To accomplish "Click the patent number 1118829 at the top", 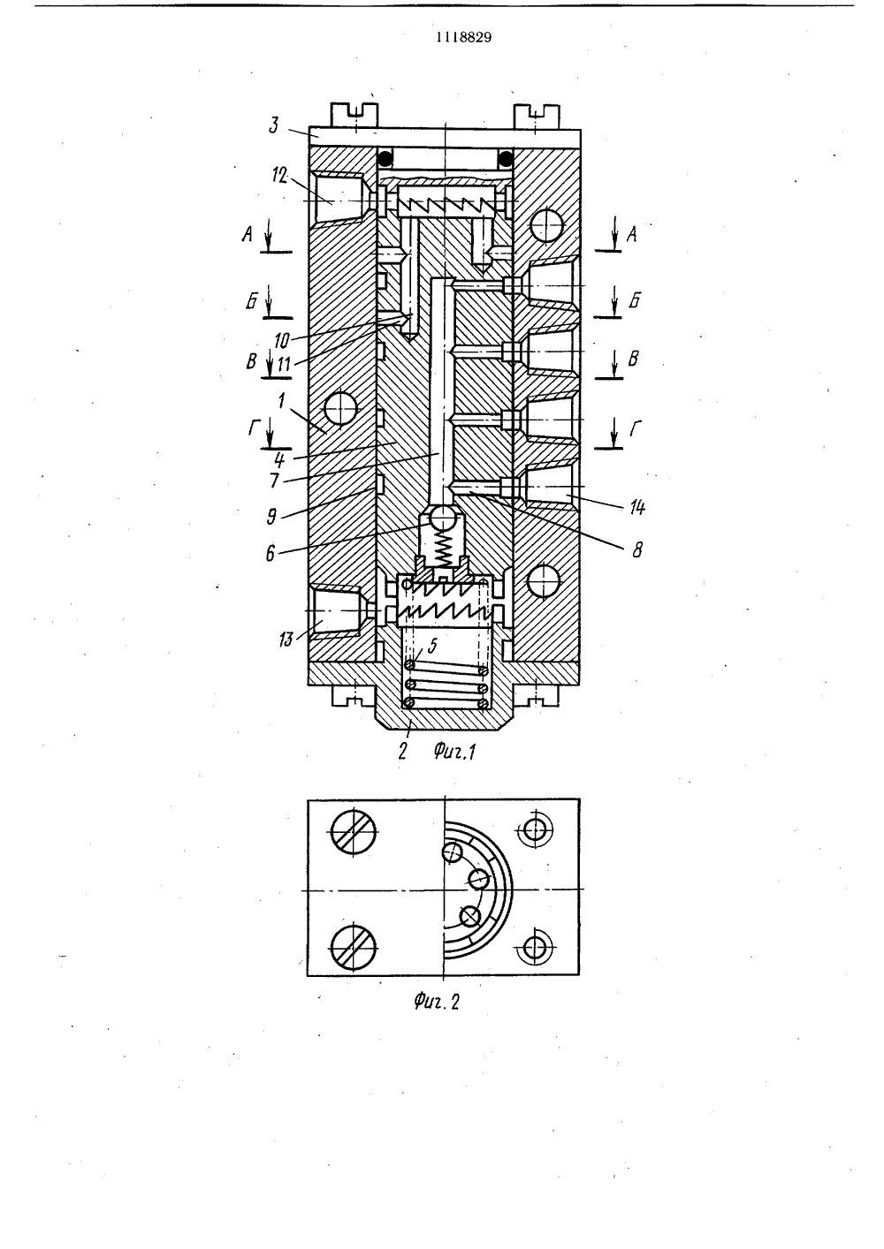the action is pos(464,37).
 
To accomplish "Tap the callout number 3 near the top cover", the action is pos(273,125).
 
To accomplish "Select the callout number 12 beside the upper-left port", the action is pos(279,176).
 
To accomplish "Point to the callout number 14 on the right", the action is pos(636,507).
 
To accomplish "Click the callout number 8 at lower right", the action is pos(636,550).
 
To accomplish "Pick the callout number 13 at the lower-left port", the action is pos(286,639).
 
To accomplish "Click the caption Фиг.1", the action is pos(454,753).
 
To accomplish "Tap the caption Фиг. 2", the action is pos(437,1002).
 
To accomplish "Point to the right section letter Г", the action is pos(635,428).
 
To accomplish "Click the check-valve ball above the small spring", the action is pos(443,518).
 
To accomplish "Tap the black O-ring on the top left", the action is pos(384,157).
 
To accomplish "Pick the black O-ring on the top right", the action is pos(506,158).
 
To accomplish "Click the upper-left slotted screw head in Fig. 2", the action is pos(354,831).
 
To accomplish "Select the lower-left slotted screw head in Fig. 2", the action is pos(354,948).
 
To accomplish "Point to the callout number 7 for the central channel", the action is pos(274,481).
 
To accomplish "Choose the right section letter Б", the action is pos(635,300).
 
